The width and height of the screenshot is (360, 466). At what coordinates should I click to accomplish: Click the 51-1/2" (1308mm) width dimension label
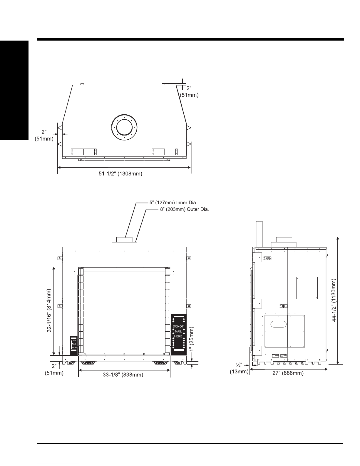[x=120, y=173]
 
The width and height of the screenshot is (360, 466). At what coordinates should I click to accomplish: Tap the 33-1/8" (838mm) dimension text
[x=123, y=375]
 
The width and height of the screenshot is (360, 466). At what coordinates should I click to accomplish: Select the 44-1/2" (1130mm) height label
[x=334, y=300]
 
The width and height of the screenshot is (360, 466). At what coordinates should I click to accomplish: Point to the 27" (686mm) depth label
[x=288, y=373]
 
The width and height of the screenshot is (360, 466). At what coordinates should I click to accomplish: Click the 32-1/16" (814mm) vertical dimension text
[x=49, y=310]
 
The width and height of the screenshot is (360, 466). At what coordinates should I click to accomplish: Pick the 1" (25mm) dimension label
[x=191, y=339]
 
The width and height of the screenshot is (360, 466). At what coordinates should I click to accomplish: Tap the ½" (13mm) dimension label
[x=239, y=368]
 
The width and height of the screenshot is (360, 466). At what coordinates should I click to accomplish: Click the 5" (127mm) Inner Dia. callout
[x=173, y=203]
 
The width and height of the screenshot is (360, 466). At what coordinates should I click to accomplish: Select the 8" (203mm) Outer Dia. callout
[x=185, y=209]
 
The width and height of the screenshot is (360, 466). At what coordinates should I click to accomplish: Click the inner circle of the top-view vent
[x=124, y=119]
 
